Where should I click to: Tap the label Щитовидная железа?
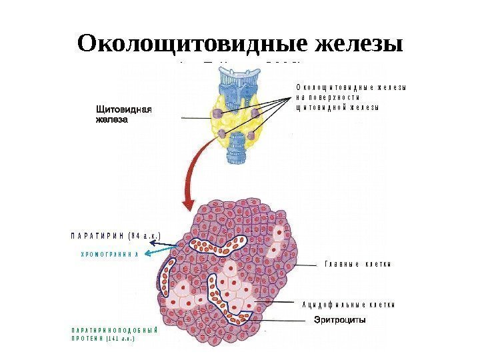[125, 114]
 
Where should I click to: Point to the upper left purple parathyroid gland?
[218, 113]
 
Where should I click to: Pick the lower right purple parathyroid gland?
[251, 137]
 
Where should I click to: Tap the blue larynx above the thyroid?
[234, 83]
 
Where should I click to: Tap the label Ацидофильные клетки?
[348, 304]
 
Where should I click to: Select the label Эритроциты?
[340, 320]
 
